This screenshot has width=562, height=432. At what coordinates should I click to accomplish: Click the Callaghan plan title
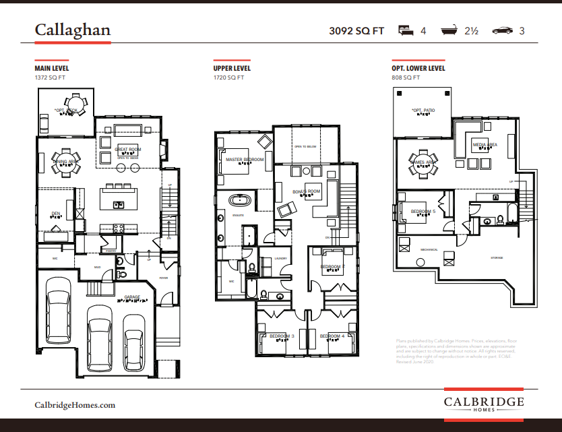[73, 30]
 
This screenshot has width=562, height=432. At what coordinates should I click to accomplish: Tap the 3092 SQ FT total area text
[356, 31]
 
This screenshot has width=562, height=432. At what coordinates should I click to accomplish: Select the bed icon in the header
[405, 30]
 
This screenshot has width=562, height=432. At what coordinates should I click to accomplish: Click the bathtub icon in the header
[449, 30]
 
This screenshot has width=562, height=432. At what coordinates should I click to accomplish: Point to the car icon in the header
[501, 31]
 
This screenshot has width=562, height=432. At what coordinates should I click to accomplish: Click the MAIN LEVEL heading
[52, 68]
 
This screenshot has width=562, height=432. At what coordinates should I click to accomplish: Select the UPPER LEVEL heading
[232, 68]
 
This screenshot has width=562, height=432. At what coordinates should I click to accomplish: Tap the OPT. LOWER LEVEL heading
[418, 68]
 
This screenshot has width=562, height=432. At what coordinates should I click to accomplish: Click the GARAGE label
[131, 297]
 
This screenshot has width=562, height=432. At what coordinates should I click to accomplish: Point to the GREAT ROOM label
[127, 150]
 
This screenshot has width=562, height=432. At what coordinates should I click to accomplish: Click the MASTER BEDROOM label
[244, 160]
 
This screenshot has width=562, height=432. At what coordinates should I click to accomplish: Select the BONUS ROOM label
[306, 192]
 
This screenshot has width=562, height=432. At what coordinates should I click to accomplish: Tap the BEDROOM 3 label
[282, 336]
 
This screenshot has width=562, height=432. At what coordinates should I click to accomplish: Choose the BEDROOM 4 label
[332, 336]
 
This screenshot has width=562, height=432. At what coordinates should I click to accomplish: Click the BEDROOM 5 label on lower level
[423, 211]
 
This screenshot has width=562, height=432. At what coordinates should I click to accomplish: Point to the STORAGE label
[497, 257]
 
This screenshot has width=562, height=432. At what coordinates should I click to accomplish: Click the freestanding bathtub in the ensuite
[239, 200]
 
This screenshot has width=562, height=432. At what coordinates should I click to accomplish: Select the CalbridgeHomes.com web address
[75, 405]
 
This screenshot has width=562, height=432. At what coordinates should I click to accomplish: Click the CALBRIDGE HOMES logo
[483, 403]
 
